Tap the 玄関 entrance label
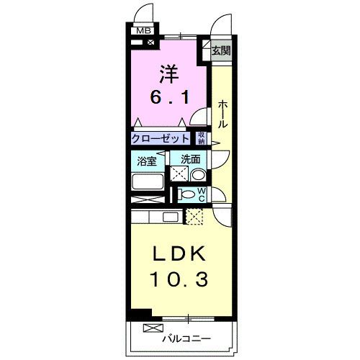point(221,50)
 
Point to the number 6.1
point(171,98)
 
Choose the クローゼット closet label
point(161,138)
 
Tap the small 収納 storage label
point(202,138)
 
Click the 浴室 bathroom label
point(147,161)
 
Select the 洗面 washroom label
point(190,160)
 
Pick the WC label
point(202,193)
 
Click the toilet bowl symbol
point(187,193)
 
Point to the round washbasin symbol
point(198,174)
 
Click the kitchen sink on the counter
point(170,217)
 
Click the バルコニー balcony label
point(186,338)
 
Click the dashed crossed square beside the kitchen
point(195,216)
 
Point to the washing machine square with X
point(178,174)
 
